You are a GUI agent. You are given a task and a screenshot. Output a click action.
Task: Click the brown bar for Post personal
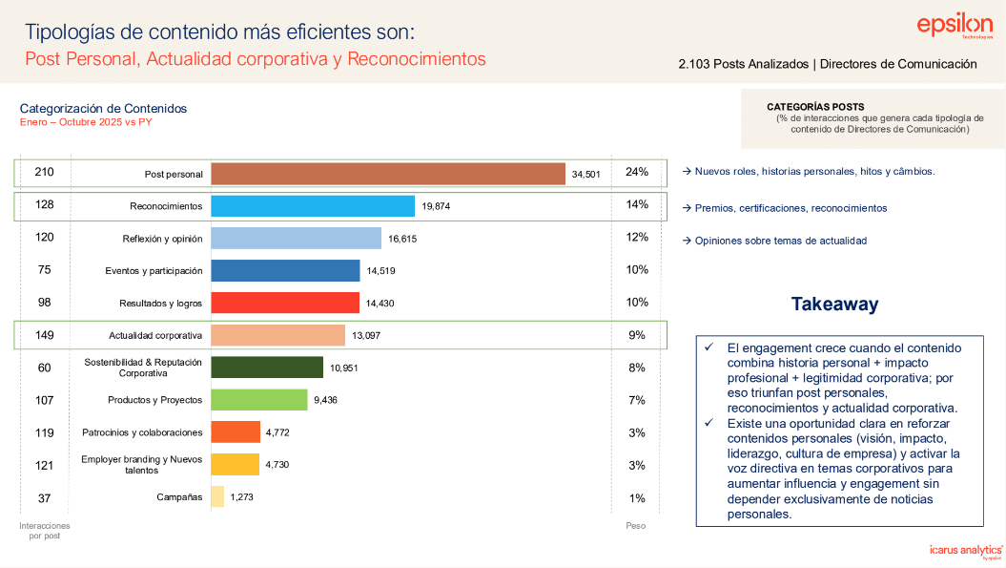tap(387, 173)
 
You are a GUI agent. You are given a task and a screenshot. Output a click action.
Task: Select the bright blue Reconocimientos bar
tap(313, 205)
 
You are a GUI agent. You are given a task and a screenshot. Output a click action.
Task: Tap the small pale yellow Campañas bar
tap(217, 496)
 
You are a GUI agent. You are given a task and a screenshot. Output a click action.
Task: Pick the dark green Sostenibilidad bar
tap(267, 368)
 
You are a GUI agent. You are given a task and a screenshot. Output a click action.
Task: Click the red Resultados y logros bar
tap(285, 303)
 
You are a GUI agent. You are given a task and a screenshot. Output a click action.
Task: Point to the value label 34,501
tap(586, 174)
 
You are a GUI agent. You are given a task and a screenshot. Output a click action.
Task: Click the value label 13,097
tap(366, 335)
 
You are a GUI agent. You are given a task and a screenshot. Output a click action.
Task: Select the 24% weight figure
tap(637, 172)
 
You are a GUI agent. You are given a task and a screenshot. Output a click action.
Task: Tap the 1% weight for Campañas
tap(637, 497)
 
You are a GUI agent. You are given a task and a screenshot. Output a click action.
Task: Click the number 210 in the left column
tap(44, 172)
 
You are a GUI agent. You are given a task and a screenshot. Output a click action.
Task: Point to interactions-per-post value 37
tap(44, 497)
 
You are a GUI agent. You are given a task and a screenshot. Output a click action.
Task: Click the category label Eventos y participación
tap(154, 270)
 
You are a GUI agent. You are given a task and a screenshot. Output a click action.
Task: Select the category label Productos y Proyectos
tap(155, 400)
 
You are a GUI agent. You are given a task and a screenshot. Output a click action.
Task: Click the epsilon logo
tap(955, 28)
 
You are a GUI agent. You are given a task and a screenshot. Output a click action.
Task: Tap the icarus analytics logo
tap(966, 550)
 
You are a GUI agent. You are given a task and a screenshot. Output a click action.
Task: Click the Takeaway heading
tap(834, 305)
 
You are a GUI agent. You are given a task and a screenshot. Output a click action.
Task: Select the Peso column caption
tap(635, 525)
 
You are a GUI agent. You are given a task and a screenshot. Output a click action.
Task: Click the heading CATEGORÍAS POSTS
tap(815, 107)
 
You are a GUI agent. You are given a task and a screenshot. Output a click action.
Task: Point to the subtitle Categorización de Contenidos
tap(103, 109)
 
